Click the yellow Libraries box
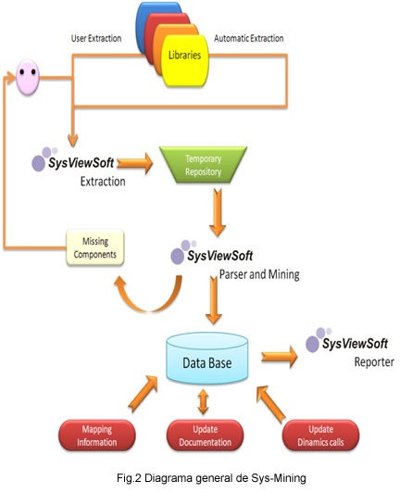coord(185,60)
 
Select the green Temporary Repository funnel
coord(203,165)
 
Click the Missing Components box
coord(95,247)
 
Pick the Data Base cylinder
coord(207,358)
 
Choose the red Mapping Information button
coord(97,436)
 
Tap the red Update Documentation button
coord(205,436)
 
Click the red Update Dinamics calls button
coord(320,436)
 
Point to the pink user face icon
coord(28,77)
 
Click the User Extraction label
coord(96,38)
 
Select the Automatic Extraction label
coord(249,38)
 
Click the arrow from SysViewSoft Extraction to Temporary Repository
coord(135,163)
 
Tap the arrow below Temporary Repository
coord(218,212)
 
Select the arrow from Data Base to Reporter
coord(280,357)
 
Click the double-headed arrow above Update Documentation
coord(204,401)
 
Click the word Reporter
coord(374,362)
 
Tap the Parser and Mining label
coord(259,274)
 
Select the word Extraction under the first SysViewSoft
coord(103,182)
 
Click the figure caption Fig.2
coord(211,478)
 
